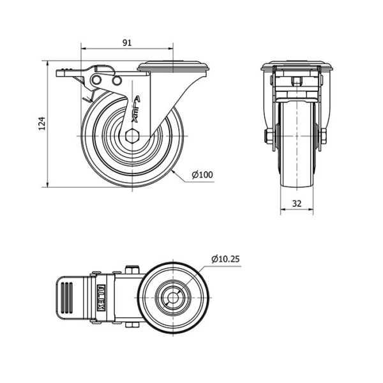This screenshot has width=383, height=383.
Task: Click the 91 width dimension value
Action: [127, 43]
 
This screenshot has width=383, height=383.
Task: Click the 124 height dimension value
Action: [42, 123]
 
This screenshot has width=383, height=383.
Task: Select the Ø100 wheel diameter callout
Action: [202, 175]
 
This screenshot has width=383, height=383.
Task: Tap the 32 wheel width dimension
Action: [297, 204]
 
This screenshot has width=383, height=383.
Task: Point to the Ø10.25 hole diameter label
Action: [226, 259]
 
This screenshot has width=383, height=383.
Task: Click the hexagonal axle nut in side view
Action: [132, 136]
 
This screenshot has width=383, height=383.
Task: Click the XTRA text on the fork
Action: [136, 109]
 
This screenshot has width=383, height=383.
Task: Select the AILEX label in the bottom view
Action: [101, 297]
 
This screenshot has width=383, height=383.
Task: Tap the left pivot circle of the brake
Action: [96, 80]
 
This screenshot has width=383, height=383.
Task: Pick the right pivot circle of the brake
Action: [117, 80]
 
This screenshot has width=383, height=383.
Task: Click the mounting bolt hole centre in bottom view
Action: [173, 297]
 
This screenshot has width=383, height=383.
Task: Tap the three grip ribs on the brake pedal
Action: [66, 297]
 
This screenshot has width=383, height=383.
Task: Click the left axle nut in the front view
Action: [268, 137]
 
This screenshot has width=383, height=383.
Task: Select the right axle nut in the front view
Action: [323, 137]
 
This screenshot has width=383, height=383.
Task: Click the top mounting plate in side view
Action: [173, 66]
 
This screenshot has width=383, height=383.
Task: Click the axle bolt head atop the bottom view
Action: [132, 269]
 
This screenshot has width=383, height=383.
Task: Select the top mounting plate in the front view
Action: [297, 66]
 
